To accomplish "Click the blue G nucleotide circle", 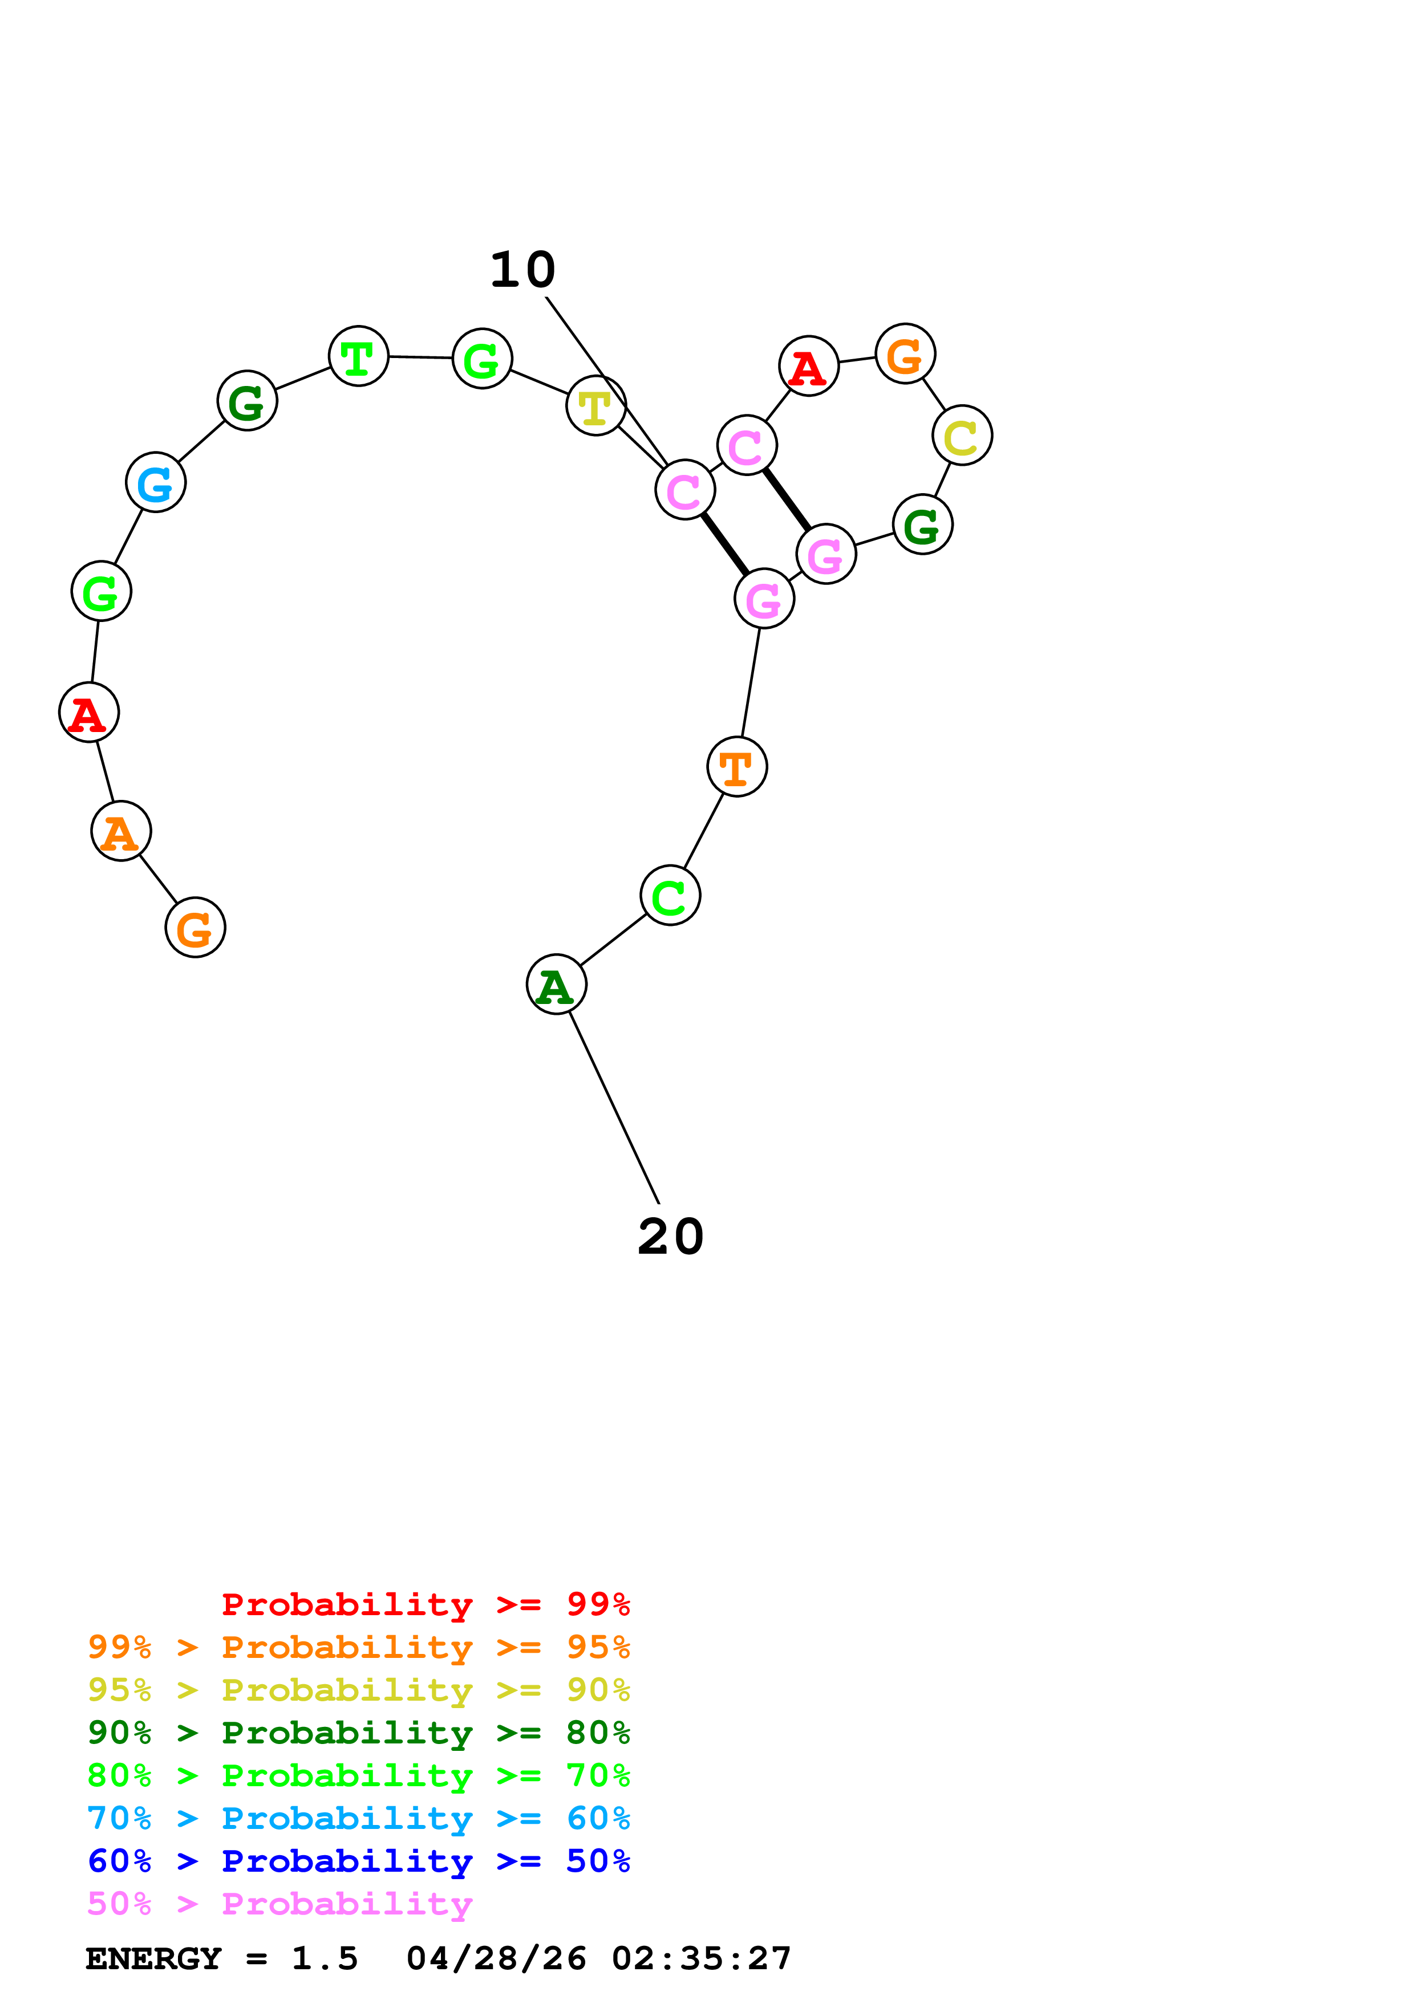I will click(x=156, y=482).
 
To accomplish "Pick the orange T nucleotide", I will click(x=737, y=767).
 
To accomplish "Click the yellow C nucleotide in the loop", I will click(x=962, y=436).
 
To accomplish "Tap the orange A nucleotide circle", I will click(x=121, y=831).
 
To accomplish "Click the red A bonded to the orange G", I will click(x=808, y=366).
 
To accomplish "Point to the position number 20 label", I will click(x=670, y=1237).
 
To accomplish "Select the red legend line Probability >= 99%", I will click(x=425, y=1604).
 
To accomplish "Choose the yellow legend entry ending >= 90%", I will click(x=358, y=1690).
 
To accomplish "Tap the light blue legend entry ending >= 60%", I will click(x=358, y=1818).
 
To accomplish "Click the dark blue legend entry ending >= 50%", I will click(x=358, y=1861).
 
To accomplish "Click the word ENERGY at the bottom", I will click(x=153, y=1958).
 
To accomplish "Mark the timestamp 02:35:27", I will click(x=702, y=1958).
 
